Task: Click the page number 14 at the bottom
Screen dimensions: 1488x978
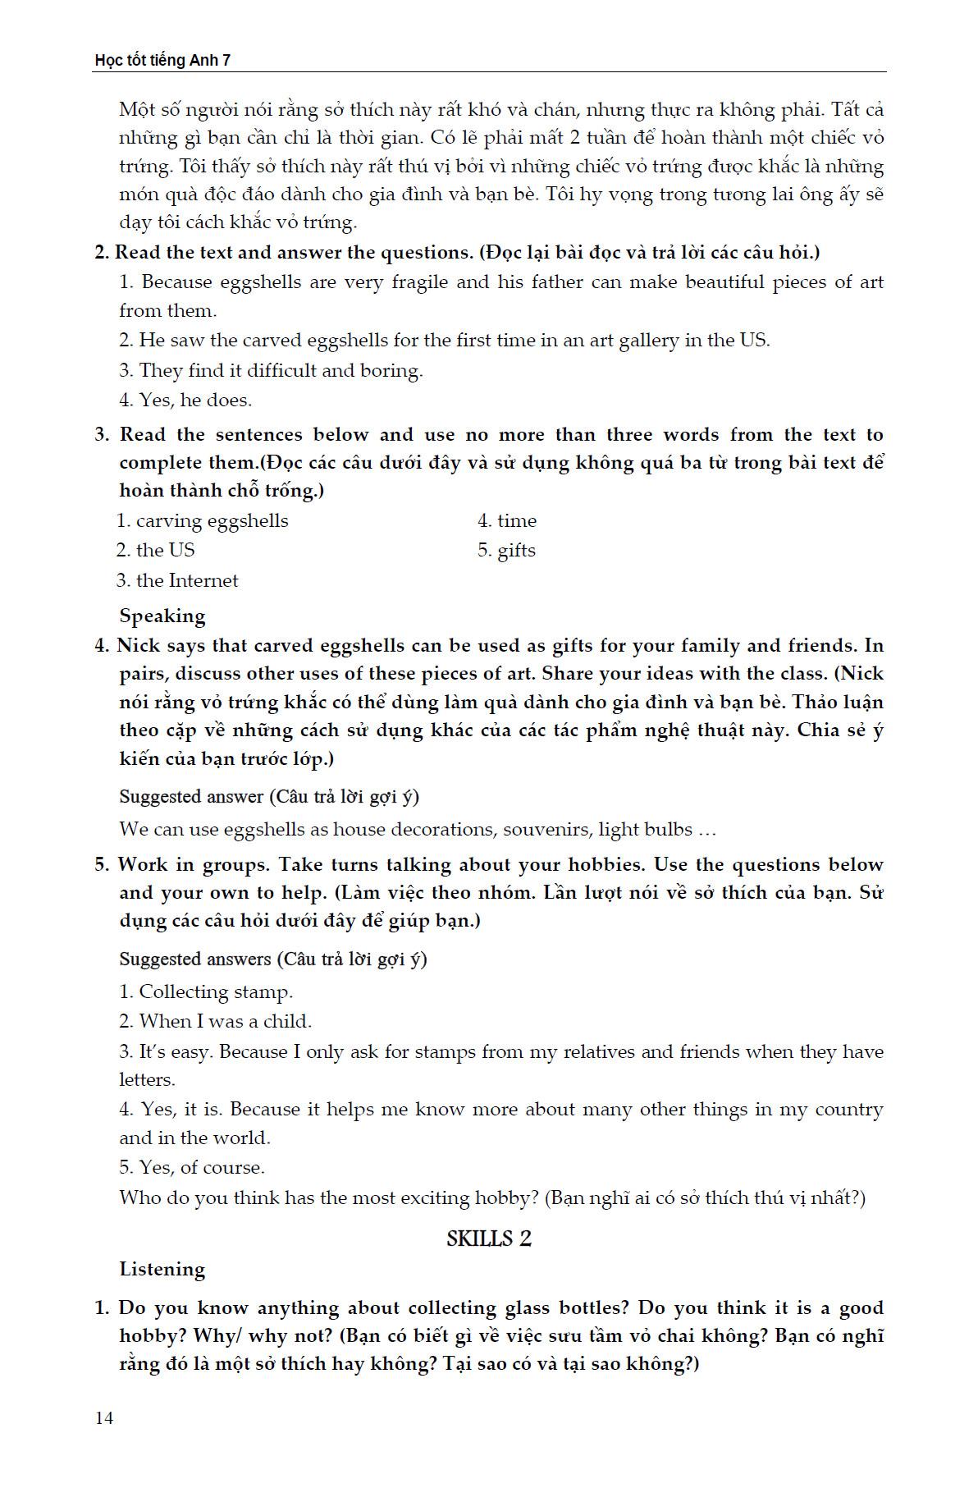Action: pos(104,1418)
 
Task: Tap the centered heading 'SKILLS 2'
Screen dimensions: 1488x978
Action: pos(489,1238)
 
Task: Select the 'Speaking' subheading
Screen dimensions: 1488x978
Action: pos(162,616)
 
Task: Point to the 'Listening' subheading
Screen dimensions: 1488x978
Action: pos(162,1269)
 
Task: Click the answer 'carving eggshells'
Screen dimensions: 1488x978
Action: pos(212,520)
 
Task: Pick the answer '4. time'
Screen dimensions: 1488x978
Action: pos(507,520)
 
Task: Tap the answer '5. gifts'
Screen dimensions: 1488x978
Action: pos(506,551)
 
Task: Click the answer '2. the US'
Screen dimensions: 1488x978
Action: pos(156,550)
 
